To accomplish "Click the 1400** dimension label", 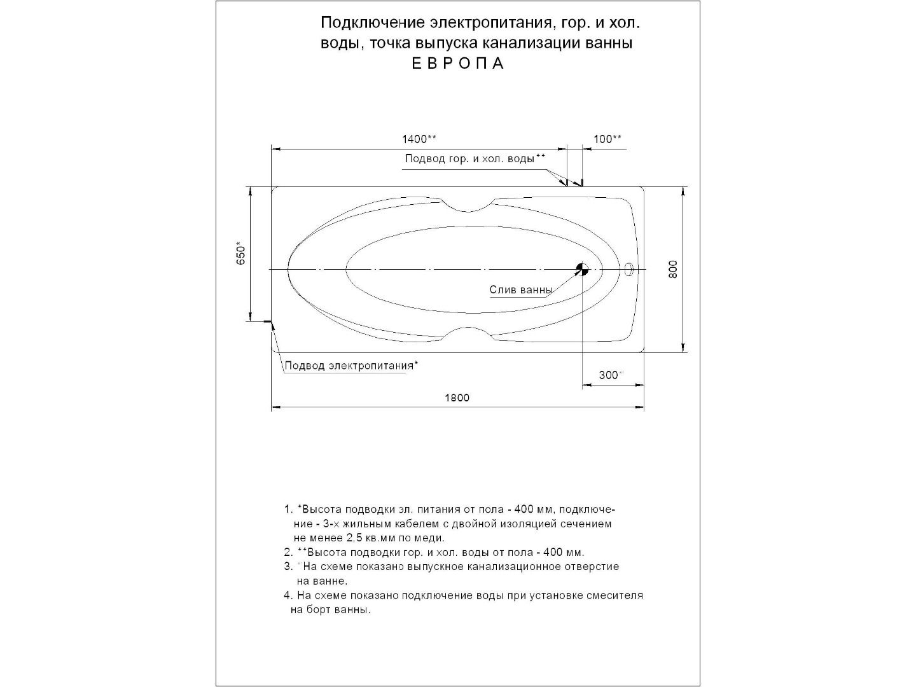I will (x=419, y=139).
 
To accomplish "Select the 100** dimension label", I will (x=607, y=139).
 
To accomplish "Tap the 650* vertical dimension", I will (x=240, y=254).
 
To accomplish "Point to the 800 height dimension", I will (x=674, y=269).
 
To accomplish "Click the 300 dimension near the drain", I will (x=609, y=375).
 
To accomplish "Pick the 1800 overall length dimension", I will (x=457, y=398).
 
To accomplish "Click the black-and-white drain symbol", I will (x=582, y=269).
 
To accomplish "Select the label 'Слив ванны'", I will (x=521, y=290).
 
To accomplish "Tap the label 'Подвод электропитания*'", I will (x=351, y=366).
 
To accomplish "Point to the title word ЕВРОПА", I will (x=458, y=64).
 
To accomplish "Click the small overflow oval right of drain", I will (x=628, y=270).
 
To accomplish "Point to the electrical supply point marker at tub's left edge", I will (x=273, y=324).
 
